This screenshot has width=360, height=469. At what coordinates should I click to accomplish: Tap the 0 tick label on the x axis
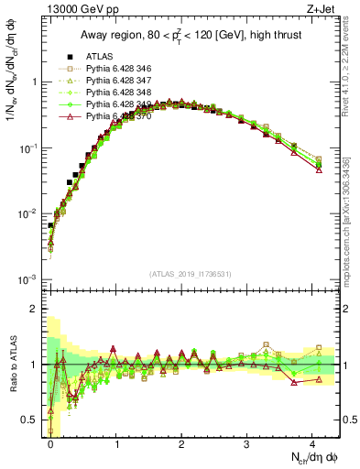click(x=51, y=442)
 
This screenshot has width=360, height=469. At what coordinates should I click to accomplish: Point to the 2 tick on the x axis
click(x=182, y=442)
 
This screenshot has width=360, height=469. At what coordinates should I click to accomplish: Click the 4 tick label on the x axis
click(x=313, y=442)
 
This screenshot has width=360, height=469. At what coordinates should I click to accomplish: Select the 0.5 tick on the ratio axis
click(x=33, y=420)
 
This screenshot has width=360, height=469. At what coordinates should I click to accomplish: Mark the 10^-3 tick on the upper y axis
click(x=29, y=279)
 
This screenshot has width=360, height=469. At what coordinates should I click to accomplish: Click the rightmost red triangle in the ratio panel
click(x=319, y=378)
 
